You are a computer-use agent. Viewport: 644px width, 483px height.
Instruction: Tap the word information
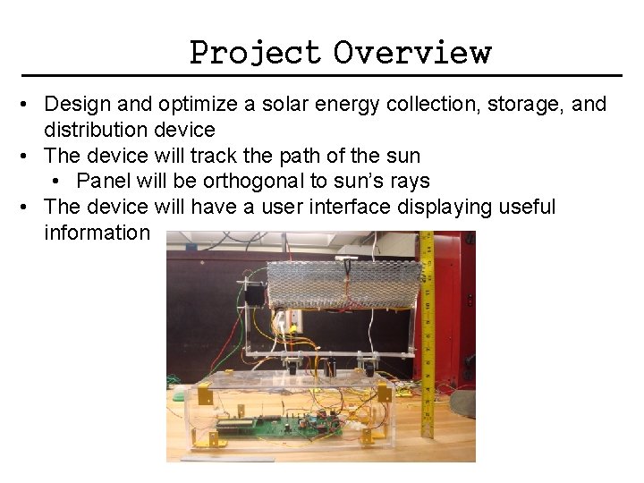pyautogui.click(x=97, y=233)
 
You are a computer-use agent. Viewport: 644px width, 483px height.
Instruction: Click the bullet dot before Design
pyautogui.click(x=30, y=105)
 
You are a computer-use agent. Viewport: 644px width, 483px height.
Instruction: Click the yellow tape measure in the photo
pyautogui.click(x=427, y=340)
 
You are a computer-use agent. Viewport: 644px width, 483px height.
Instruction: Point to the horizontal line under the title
pyautogui.click(x=322, y=74)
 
